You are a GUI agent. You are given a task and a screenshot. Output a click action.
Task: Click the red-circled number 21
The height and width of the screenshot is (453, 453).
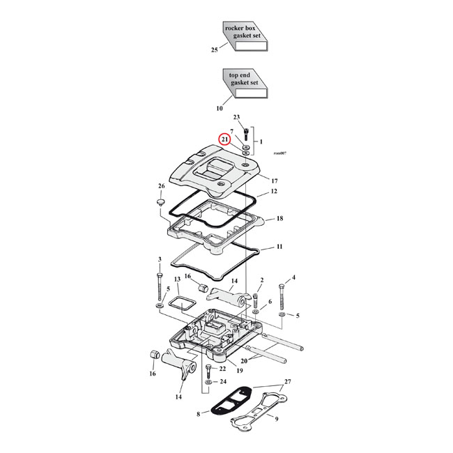pyautogui.click(x=225, y=139)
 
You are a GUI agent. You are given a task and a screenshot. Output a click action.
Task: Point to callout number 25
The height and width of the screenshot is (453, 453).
pyautogui.click(x=215, y=50)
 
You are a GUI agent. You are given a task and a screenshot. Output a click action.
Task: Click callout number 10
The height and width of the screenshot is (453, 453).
pyautogui.click(x=220, y=109)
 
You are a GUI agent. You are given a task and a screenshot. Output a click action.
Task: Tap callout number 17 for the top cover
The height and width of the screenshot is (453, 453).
pyautogui.click(x=275, y=181)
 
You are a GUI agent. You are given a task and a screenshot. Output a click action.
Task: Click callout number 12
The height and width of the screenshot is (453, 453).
pyautogui.click(x=274, y=191)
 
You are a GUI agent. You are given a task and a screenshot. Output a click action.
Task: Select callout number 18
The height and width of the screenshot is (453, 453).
pyautogui.click(x=279, y=219)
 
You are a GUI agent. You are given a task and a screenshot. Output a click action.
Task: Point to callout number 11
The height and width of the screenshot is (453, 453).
pyautogui.click(x=279, y=247)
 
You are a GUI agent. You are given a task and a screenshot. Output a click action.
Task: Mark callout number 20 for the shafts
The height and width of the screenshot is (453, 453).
pyautogui.click(x=243, y=361)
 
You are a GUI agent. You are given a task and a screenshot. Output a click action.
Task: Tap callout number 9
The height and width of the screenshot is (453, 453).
pyautogui.click(x=277, y=419)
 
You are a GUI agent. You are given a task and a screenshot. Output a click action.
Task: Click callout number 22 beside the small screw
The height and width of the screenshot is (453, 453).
pyautogui.click(x=222, y=369)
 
